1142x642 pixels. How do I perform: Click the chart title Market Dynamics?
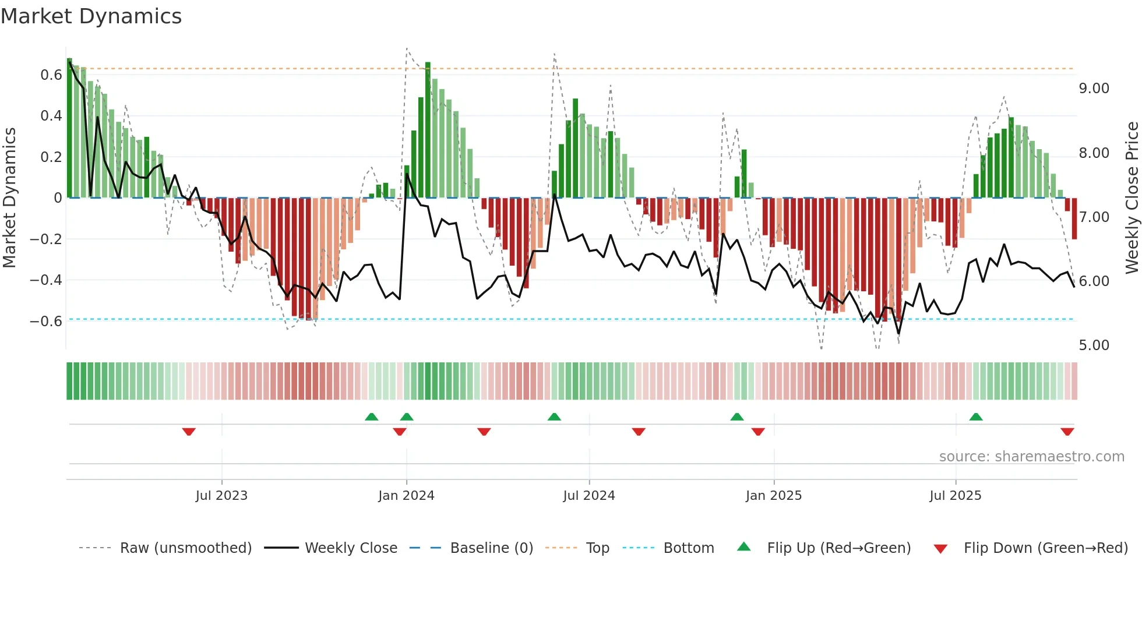pyautogui.click(x=91, y=16)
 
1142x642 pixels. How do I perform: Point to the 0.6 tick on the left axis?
pyautogui.click(x=51, y=75)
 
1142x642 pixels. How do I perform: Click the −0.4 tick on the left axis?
pyautogui.click(x=46, y=280)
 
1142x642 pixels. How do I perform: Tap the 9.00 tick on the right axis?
pyautogui.click(x=1094, y=89)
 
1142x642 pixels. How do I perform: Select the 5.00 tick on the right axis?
pyautogui.click(x=1094, y=345)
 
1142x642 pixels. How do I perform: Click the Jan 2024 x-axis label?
pyautogui.click(x=406, y=496)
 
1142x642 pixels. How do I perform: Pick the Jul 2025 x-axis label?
pyautogui.click(x=955, y=496)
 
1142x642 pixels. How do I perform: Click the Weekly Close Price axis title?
pyautogui.click(x=1132, y=198)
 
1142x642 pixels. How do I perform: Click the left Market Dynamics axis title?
pyautogui.click(x=9, y=198)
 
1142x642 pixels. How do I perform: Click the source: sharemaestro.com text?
pyautogui.click(x=1031, y=457)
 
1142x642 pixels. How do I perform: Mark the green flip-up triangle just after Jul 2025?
pyautogui.click(x=976, y=417)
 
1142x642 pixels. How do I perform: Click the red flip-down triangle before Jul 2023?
pyautogui.click(x=189, y=432)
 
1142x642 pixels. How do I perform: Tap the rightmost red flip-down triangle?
pyautogui.click(x=1067, y=432)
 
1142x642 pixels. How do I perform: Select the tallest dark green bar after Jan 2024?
pyautogui.click(x=428, y=129)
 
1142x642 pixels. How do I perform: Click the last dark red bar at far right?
pyautogui.click(x=1074, y=218)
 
